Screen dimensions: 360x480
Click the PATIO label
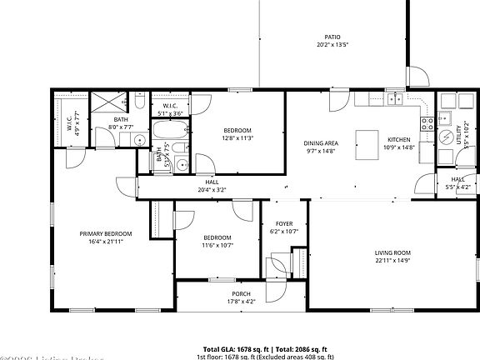[x=332, y=37]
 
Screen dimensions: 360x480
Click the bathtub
[x=170, y=132]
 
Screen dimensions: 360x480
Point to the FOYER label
[x=285, y=223]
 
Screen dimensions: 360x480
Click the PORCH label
[x=241, y=295]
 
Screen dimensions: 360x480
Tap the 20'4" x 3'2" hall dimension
[x=212, y=189]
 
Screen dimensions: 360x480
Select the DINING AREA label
[x=320, y=142]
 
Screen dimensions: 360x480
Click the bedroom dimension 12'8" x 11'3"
[x=238, y=138]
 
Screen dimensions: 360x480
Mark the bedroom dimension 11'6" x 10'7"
[x=218, y=245]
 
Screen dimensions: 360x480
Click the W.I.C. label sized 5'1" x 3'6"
[x=170, y=106]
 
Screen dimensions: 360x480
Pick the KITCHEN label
[x=397, y=138]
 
